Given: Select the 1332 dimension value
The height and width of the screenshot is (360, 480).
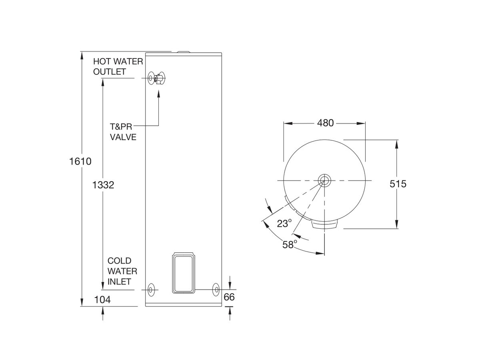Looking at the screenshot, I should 103,185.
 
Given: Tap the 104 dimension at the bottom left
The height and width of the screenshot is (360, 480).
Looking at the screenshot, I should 102,299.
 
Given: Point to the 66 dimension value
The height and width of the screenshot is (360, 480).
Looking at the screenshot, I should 229,297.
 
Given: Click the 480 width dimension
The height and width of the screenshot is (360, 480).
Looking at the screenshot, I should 325,123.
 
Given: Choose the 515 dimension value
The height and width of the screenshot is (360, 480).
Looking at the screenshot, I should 398,184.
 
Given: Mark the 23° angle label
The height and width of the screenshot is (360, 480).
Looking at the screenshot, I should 284,223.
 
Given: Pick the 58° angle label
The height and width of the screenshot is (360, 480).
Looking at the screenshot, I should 290,244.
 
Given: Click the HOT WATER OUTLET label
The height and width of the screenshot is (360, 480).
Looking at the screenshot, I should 118,66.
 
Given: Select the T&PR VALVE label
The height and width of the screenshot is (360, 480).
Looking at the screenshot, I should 123,132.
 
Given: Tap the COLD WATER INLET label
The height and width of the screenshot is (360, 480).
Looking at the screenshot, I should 122,271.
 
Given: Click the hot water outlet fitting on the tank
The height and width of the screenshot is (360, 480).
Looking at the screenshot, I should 151,78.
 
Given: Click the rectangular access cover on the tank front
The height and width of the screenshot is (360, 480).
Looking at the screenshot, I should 184,273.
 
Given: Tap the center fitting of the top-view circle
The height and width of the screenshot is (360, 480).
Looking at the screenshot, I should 324,180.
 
